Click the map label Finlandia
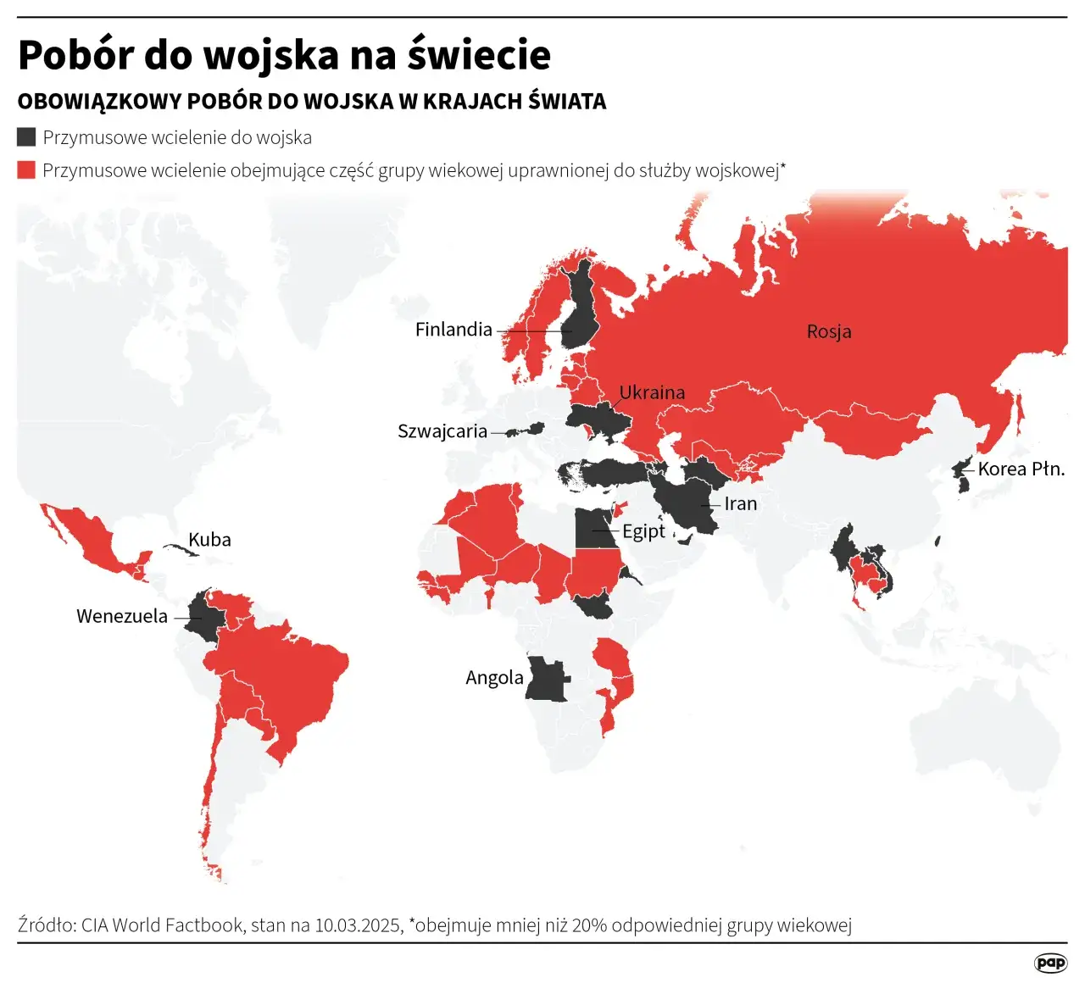[453, 330]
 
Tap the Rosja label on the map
[828, 331]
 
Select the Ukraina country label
[652, 392]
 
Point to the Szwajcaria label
[442, 431]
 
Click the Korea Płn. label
[1021, 469]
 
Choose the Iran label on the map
[740, 503]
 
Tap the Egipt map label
[643, 531]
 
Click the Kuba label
[209, 540]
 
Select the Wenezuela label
[122, 616]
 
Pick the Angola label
[494, 677]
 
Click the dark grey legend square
[26, 137]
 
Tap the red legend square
[26, 170]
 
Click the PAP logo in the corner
[1050, 963]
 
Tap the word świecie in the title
[479, 55]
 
